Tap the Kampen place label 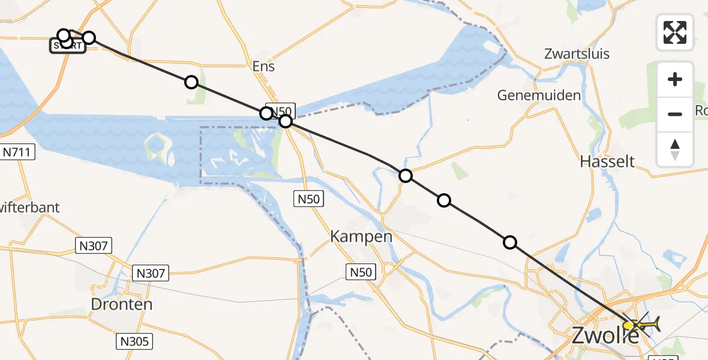click(x=361, y=236)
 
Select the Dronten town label click(x=122, y=304)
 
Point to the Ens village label click(x=263, y=66)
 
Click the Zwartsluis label click(x=577, y=53)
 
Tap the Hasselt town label click(x=607, y=161)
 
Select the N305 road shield click(x=134, y=341)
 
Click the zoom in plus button click(x=675, y=80)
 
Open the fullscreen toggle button click(x=675, y=32)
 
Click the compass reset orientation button click(x=675, y=149)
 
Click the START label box click(x=67, y=46)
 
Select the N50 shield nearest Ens click(x=280, y=111)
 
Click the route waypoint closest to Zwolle click(x=509, y=242)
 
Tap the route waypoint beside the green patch click(x=191, y=82)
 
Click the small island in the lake click(x=157, y=144)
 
